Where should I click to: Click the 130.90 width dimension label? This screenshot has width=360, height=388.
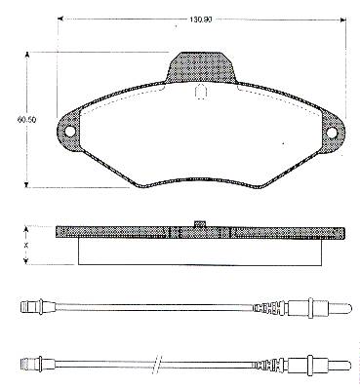click(201, 19)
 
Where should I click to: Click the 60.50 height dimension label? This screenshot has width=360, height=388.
click(26, 120)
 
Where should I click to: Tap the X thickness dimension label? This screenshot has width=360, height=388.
click(26, 246)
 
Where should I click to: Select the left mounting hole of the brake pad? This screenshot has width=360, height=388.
click(70, 131)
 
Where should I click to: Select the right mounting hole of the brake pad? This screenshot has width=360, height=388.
click(332, 133)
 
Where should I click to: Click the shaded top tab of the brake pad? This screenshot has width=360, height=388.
click(201, 67)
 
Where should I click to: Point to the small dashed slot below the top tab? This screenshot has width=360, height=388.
click(201, 91)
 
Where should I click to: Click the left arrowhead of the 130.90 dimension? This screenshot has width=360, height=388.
click(60, 19)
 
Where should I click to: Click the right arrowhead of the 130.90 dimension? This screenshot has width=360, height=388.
click(342, 19)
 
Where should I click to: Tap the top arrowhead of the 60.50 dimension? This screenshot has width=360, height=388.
click(27, 55)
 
